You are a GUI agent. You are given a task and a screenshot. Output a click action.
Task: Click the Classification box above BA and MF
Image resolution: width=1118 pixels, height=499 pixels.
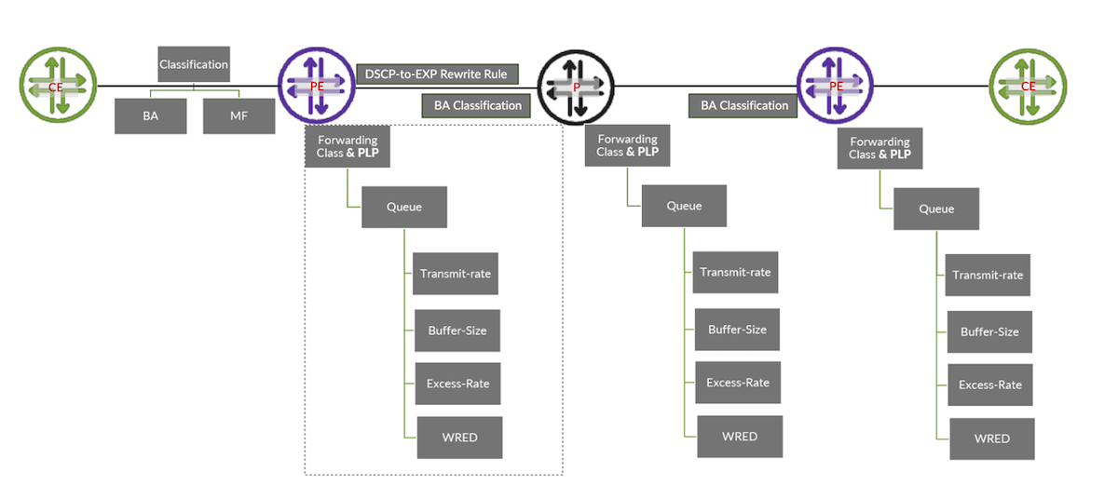(x=194, y=65)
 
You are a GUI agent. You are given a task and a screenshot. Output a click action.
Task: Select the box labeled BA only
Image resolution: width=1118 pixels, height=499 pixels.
(x=150, y=116)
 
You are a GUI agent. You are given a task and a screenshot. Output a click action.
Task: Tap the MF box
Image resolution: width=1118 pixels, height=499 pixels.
(x=239, y=116)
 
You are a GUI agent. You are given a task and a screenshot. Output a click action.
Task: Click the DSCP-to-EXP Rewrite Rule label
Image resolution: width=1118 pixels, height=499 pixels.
(x=437, y=74)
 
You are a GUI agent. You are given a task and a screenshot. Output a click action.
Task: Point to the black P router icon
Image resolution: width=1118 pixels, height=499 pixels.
(x=576, y=86)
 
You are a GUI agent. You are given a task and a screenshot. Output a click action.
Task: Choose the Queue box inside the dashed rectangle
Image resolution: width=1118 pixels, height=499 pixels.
(x=404, y=207)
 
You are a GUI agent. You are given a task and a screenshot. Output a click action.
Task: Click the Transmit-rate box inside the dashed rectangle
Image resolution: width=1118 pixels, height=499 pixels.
(x=456, y=274)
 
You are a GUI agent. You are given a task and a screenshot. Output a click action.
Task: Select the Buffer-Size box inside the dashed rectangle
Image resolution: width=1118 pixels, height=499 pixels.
(x=457, y=330)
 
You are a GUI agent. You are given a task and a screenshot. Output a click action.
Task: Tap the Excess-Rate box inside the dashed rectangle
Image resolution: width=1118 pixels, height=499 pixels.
(x=457, y=384)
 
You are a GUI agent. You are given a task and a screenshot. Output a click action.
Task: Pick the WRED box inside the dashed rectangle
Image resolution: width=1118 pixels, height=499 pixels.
(x=459, y=438)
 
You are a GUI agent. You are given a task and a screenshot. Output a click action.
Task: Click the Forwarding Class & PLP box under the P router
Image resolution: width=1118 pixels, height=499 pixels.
(x=627, y=145)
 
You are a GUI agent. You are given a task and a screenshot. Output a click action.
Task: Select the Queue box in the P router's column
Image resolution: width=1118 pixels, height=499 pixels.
(x=684, y=206)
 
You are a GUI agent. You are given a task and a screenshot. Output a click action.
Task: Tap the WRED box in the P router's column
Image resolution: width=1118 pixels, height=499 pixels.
(x=740, y=437)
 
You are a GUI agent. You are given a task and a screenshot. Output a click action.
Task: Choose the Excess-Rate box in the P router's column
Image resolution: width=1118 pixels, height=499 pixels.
(x=738, y=383)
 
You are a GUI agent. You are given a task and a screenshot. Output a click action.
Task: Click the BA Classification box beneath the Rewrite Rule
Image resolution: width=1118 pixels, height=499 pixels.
(x=478, y=105)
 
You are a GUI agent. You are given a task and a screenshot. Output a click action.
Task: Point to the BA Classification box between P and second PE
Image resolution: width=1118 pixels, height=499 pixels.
(x=744, y=105)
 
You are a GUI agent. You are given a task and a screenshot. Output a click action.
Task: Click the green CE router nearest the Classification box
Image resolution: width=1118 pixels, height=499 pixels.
(x=58, y=86)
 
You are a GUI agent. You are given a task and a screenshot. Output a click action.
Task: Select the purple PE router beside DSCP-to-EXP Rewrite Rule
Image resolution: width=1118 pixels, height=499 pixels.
(x=317, y=86)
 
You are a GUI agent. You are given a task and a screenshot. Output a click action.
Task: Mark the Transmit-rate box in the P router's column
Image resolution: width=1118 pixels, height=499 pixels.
(x=735, y=273)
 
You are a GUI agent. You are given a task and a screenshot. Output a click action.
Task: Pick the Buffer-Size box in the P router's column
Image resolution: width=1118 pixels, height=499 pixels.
(x=737, y=330)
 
